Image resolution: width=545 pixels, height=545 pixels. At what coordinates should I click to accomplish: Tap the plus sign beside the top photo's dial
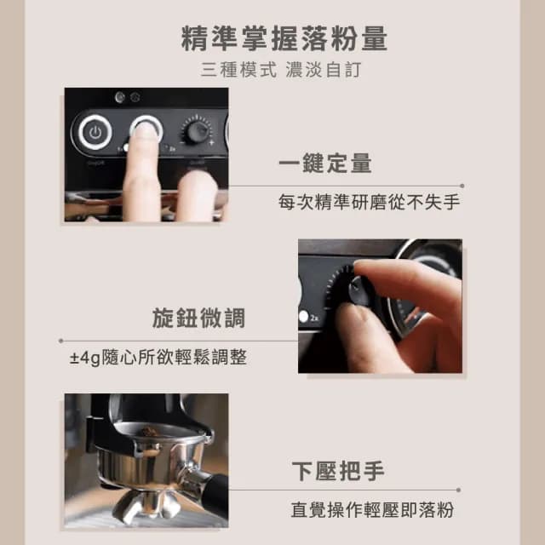211,144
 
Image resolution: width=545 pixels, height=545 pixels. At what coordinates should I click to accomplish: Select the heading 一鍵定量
324,163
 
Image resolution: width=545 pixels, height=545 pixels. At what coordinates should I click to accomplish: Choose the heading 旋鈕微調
198,318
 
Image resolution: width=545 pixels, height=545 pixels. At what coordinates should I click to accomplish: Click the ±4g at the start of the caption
86,358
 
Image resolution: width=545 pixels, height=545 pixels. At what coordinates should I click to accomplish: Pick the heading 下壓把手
337,470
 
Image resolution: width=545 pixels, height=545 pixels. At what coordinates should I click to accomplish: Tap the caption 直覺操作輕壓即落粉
371,510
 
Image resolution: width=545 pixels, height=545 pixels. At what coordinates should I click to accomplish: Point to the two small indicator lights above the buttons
127,96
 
